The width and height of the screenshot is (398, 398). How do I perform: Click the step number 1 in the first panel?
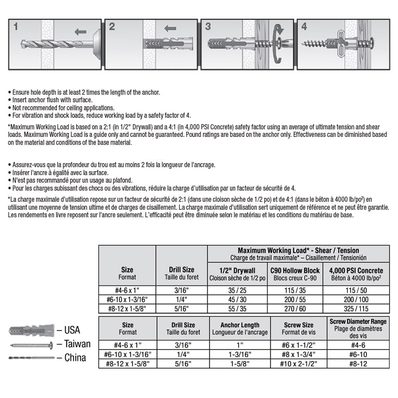[16, 27]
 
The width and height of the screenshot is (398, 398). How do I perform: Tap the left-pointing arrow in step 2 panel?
[170, 28]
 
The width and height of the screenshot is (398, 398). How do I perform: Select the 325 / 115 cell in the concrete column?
[356, 308]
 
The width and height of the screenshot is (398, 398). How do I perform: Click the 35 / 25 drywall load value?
[237, 290]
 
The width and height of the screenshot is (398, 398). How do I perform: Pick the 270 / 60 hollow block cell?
[295, 308]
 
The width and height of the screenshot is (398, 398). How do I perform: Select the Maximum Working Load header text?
[298, 250]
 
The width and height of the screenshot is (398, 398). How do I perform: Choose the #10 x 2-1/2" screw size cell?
[298, 363]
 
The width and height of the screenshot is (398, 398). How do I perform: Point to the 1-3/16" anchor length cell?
[240, 354]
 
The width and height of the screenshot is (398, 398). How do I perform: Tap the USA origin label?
[72, 330]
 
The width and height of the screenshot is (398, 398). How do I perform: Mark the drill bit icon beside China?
[31, 358]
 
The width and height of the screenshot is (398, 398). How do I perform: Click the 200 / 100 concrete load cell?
[356, 299]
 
